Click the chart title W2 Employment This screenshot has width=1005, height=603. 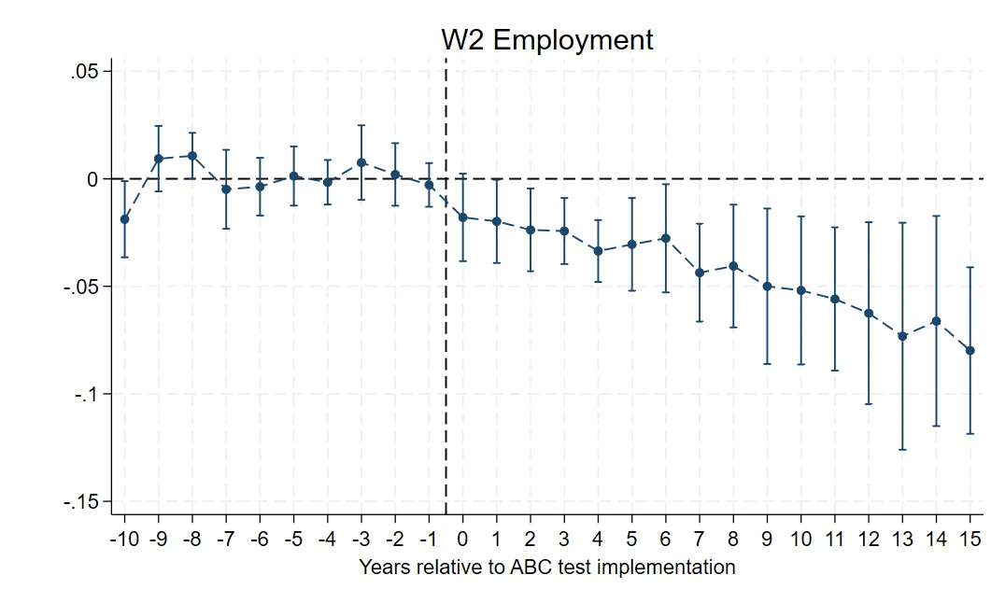click(x=546, y=40)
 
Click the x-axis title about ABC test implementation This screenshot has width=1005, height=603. click(x=546, y=567)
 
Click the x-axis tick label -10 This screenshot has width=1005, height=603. click(x=124, y=539)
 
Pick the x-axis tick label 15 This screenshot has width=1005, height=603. click(x=970, y=539)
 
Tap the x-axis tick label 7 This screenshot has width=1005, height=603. click(x=700, y=539)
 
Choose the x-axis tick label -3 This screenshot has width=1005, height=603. click(x=361, y=539)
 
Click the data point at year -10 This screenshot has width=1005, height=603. click(x=125, y=219)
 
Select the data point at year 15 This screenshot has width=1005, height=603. click(x=970, y=350)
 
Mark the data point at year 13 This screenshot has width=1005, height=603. click(x=902, y=335)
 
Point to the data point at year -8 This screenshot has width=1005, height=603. click(x=192, y=156)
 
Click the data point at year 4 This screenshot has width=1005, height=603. click(x=598, y=251)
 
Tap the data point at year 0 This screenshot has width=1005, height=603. click(x=462, y=217)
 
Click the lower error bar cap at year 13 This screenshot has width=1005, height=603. click(x=902, y=450)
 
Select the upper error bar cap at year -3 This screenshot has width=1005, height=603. click(x=361, y=125)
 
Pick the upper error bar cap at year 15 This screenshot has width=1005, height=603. click(x=970, y=267)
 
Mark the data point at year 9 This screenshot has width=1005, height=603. click(x=767, y=286)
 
